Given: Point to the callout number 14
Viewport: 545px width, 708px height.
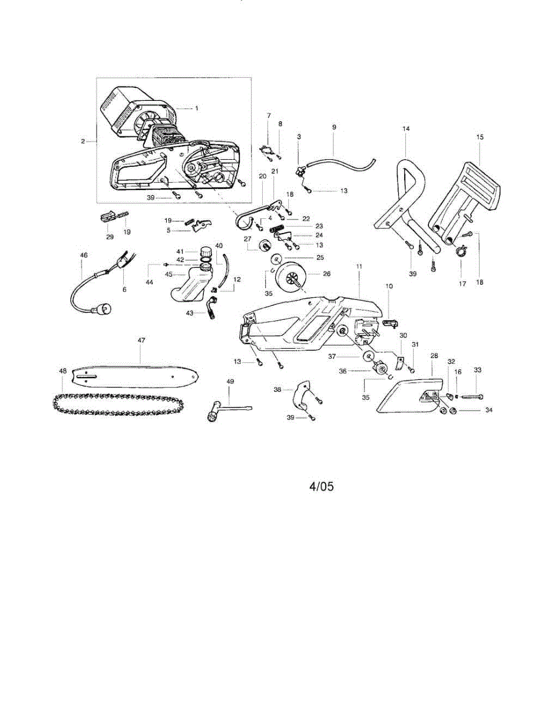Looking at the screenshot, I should tap(405, 128).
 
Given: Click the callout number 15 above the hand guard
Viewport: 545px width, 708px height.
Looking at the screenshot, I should tap(480, 137).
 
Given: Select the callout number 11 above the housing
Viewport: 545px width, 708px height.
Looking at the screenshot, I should tap(359, 267).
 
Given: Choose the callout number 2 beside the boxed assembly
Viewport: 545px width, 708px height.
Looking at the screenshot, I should tap(83, 142).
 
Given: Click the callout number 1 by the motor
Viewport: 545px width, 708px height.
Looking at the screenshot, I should tap(197, 109).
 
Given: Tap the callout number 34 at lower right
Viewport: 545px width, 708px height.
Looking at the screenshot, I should tap(488, 410).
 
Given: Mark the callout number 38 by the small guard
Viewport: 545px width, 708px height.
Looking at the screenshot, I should tap(277, 389).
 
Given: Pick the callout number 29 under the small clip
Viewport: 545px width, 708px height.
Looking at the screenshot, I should tap(110, 236).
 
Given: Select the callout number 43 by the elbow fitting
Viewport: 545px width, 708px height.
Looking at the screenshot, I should tap(189, 313).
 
